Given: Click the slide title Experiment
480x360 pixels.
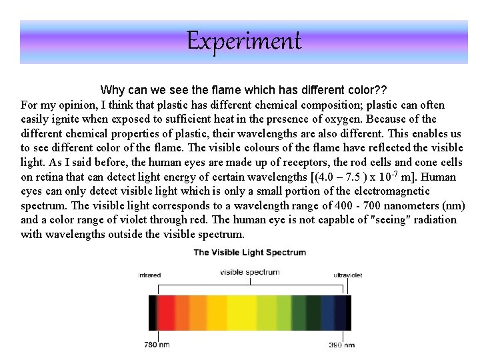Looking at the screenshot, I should coord(243,41).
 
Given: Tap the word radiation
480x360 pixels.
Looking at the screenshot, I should coord(435,219).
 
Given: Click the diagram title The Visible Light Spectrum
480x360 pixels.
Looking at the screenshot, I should coord(249,252).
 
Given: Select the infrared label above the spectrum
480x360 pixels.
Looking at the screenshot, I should coord(149,275).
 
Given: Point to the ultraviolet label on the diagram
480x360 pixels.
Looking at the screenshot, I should coord(347,275).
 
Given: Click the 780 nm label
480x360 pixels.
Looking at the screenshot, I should coord(157,345).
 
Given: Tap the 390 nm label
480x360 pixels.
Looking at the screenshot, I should coord(342,345).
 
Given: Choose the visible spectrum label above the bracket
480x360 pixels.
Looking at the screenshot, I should coord(249,272).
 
